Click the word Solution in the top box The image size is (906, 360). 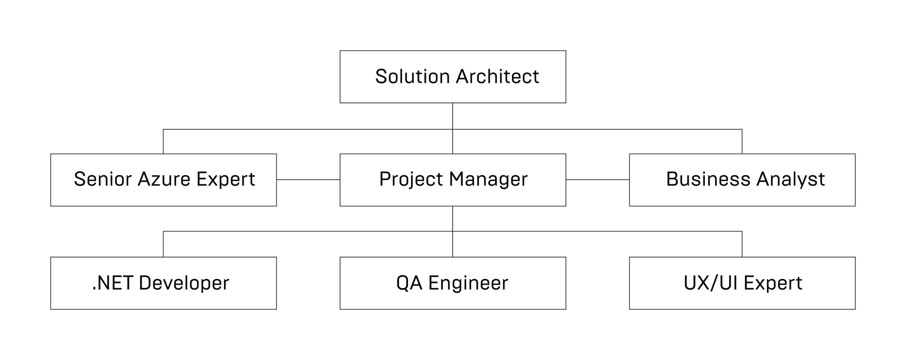pos(412,76)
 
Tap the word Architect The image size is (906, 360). pos(498,76)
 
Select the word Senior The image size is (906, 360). pos(102,179)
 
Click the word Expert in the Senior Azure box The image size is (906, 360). pos(226,179)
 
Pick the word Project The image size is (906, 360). pos(411,179)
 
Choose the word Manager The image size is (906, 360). pos(488,179)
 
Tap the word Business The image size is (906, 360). pos(708,179)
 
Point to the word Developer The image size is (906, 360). pos(184,283)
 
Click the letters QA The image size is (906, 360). pos(409,283)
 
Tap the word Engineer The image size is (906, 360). pos(468,283)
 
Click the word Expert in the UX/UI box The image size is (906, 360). pos(773,283)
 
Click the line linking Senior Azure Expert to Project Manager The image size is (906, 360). pos(308,180)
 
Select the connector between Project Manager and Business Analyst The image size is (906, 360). pos(598,180)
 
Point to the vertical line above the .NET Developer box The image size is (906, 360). pos(163,244)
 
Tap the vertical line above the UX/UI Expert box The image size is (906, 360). pos(742,244)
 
